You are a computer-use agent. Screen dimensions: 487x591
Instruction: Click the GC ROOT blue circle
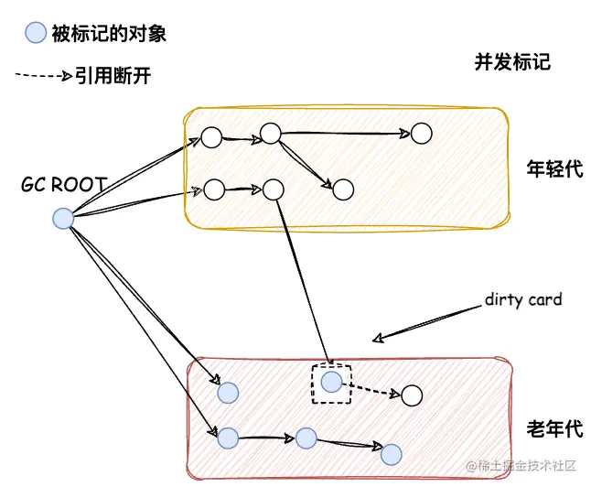(x=62, y=218)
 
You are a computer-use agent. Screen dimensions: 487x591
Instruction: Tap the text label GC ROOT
(x=63, y=185)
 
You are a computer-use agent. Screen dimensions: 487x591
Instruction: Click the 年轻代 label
(x=554, y=169)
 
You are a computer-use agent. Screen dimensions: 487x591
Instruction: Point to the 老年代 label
(x=554, y=428)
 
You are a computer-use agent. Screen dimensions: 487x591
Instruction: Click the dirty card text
(x=523, y=299)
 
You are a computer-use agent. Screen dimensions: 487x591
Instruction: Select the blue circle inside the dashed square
(x=331, y=382)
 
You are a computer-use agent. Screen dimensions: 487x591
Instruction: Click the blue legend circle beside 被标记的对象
(x=35, y=34)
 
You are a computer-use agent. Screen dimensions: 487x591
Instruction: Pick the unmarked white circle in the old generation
(x=411, y=395)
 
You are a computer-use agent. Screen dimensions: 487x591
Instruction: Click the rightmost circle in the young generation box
(x=420, y=134)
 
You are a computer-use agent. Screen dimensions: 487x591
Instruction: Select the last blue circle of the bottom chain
(x=392, y=453)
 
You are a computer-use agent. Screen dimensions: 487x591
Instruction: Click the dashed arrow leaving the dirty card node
(x=374, y=390)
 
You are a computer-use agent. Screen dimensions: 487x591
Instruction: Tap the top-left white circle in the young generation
(x=211, y=138)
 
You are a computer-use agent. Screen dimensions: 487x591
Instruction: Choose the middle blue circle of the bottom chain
(x=306, y=438)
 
